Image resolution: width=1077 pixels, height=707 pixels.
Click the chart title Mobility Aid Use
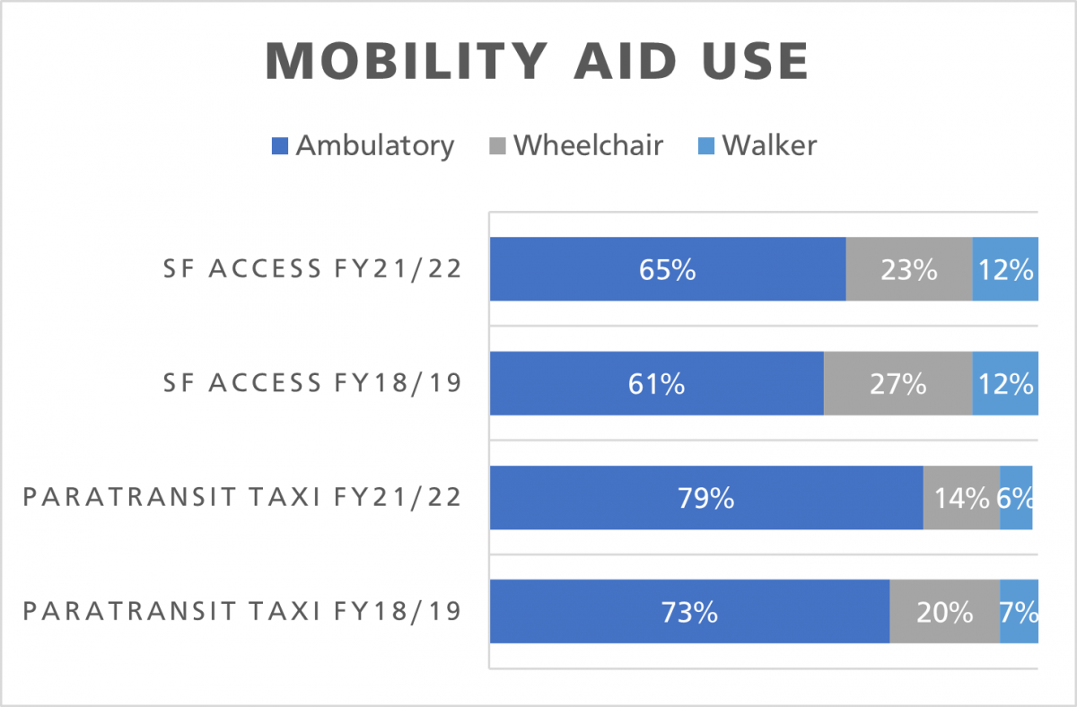[x=538, y=62]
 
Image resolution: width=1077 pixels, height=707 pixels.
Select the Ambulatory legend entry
[x=363, y=145]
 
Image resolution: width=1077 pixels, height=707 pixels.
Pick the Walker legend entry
[x=758, y=145]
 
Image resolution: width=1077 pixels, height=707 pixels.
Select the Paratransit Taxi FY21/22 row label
[x=241, y=497]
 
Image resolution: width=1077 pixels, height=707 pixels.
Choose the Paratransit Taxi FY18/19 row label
[x=241, y=612]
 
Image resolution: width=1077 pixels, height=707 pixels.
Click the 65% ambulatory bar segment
[x=668, y=269]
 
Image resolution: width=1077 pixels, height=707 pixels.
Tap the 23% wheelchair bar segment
[x=909, y=269]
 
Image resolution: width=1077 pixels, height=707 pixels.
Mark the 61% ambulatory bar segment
[x=656, y=384]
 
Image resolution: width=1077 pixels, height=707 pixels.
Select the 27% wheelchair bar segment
[x=897, y=384]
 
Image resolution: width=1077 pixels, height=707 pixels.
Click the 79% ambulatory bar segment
[x=706, y=498]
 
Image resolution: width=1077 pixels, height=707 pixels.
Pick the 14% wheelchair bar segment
[x=961, y=498]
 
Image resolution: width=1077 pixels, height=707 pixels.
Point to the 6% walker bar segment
[x=1016, y=498]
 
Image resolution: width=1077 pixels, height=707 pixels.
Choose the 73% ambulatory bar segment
[x=689, y=612]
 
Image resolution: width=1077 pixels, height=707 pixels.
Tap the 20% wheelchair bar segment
[x=944, y=612]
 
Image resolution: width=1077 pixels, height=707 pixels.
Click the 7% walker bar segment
[x=1019, y=612]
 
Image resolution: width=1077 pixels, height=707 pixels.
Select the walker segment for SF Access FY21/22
[x=1005, y=269]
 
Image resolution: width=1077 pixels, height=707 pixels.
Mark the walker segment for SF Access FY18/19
[x=1005, y=384]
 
